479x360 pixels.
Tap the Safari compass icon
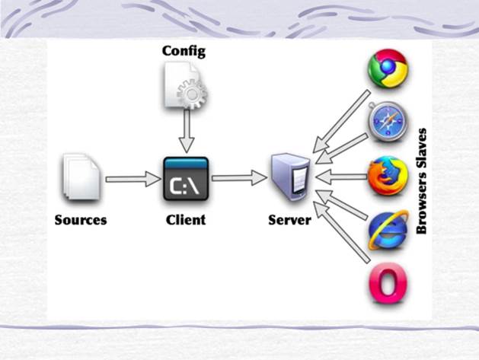(x=388, y=123)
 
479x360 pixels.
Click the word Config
(x=184, y=52)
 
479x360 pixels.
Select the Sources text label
(x=81, y=221)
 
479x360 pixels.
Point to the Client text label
(x=185, y=221)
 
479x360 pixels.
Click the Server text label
(x=289, y=221)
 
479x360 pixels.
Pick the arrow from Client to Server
(x=238, y=179)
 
